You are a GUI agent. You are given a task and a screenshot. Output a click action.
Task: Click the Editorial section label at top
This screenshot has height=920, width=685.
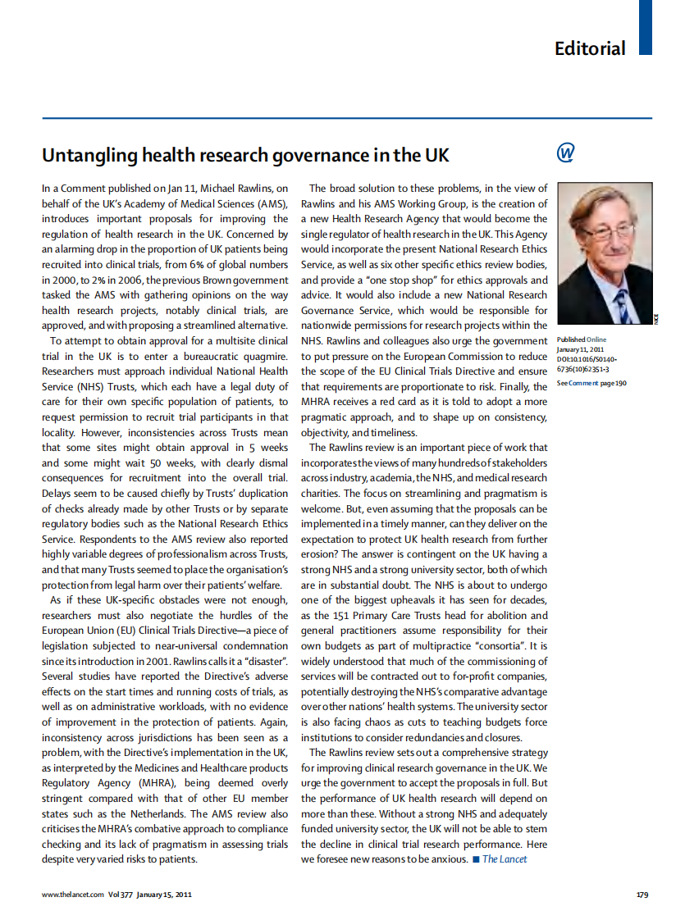pos(589,48)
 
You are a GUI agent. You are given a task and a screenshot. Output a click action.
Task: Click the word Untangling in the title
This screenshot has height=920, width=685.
pos(89,155)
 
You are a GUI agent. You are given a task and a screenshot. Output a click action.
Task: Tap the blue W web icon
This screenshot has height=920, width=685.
pos(565,153)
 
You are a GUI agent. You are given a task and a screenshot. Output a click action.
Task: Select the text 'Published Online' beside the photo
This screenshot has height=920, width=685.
pos(582,339)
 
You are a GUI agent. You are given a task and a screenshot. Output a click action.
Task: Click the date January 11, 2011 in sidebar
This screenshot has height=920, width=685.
pos(582,349)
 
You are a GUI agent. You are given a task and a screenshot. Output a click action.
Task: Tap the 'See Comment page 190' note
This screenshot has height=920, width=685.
pos(591,383)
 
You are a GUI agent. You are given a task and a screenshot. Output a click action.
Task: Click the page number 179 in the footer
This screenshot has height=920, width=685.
pos(642,895)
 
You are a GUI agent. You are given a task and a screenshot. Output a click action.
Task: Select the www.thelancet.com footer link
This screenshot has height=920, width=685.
pos(73,895)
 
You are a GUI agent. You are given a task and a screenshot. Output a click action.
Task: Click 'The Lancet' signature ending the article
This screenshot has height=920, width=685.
pos(504,859)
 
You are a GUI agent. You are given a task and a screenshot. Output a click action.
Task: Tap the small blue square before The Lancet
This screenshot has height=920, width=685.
pos(476,859)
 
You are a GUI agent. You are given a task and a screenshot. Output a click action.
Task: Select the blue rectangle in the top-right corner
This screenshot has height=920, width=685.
pos(645,27)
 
